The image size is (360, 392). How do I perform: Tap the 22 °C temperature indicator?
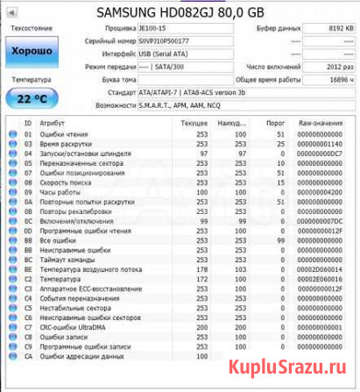click(x=32, y=97)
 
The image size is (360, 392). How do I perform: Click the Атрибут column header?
click(x=52, y=125)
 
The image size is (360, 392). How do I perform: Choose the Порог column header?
click(x=277, y=125)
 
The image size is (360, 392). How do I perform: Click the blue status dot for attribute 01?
click(x=12, y=134)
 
